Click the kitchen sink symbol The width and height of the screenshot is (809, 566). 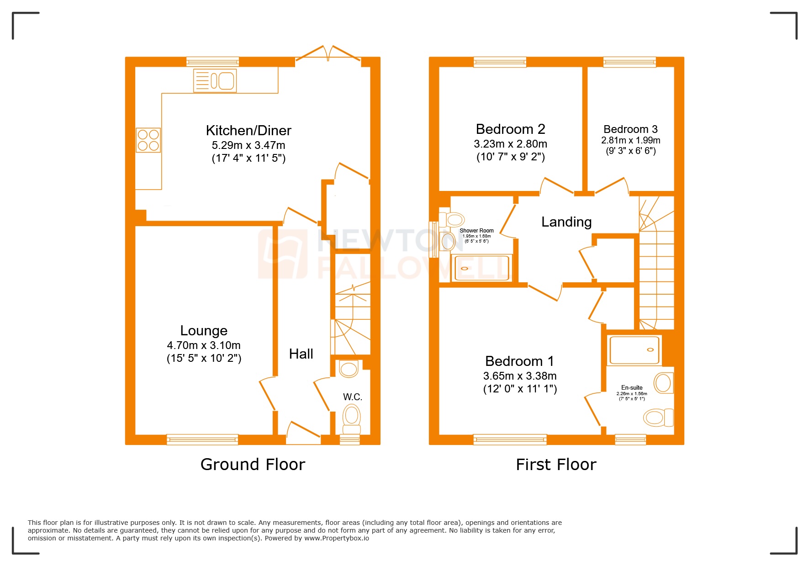pos(215,81)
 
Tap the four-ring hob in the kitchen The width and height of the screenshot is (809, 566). pos(148,140)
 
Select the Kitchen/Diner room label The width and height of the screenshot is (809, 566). pos(249,131)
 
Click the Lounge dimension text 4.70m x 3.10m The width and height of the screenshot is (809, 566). pos(204,345)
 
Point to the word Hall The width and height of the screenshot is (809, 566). pos(301,354)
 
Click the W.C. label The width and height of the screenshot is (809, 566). pos(352,397)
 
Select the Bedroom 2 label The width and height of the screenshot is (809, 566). pos(510,129)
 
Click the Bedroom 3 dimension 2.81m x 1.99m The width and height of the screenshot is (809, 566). pos(630,140)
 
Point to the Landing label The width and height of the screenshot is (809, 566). pos(566,222)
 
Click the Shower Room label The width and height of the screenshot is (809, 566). pos(476,231)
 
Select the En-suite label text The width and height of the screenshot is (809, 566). pos(632,387)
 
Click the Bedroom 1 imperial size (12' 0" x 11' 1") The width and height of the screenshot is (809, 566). pos(520,389)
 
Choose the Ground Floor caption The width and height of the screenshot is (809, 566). pos(253,465)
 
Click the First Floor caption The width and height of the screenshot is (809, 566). pos(556,465)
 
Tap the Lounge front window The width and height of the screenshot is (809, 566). pos(202,439)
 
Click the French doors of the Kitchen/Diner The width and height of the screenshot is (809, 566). pos(328,55)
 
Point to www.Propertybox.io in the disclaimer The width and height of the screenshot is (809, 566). pos(337,538)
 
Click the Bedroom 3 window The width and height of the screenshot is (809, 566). pos(629,62)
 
